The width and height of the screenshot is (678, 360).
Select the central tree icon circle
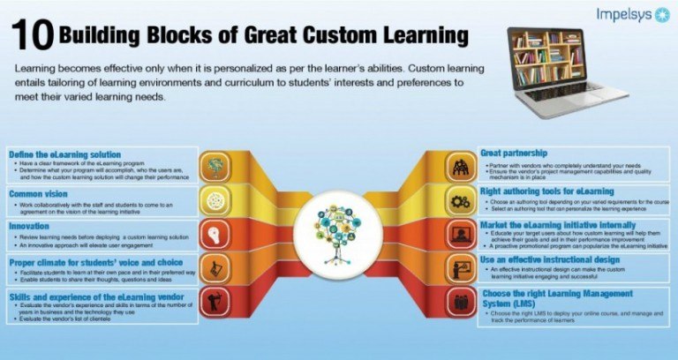pyautogui.click(x=339, y=233)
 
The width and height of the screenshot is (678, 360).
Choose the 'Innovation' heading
pyautogui.click(x=28, y=226)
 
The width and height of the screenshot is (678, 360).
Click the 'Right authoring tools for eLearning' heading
pyautogui.click(x=546, y=191)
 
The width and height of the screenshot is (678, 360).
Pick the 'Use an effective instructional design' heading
pyautogui.click(x=550, y=260)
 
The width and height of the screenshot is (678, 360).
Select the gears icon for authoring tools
pyautogui.click(x=461, y=200)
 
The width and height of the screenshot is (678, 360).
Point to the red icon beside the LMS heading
pyautogui.click(x=461, y=303)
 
